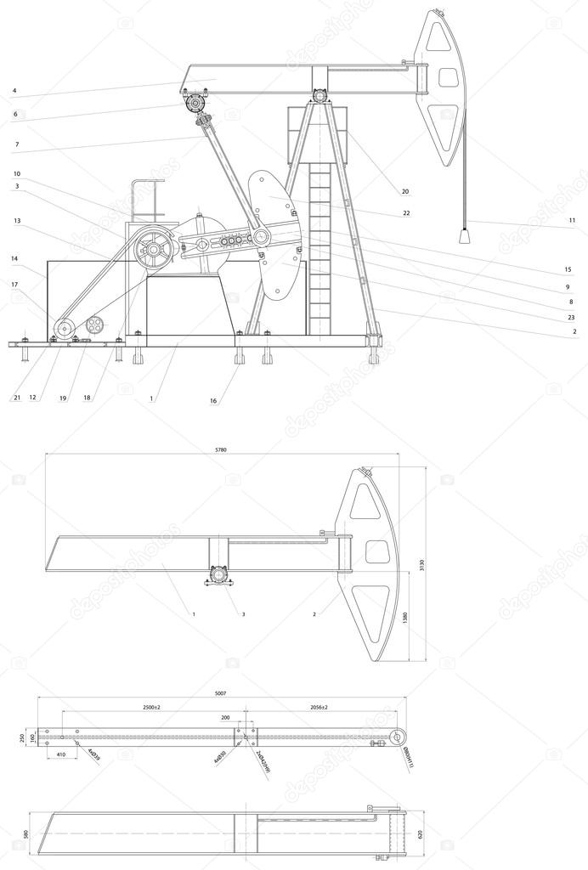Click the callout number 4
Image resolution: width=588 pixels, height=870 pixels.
pyautogui.click(x=14, y=90)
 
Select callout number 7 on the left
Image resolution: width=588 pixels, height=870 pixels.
pyautogui.click(x=16, y=145)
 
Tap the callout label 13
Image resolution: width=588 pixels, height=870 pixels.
pyautogui.click(x=16, y=221)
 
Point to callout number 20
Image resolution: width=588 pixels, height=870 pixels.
pyautogui.click(x=405, y=191)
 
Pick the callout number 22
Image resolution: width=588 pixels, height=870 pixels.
pyautogui.click(x=406, y=213)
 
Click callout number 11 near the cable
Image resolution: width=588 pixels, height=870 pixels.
pyautogui.click(x=572, y=221)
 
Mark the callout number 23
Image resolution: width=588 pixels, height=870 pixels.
pyautogui.click(x=572, y=317)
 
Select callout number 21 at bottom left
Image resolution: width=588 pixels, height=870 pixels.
pyautogui.click(x=16, y=397)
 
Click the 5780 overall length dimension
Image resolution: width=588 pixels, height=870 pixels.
pyautogui.click(x=221, y=449)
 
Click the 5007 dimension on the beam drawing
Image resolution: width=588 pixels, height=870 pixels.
pyautogui.click(x=220, y=694)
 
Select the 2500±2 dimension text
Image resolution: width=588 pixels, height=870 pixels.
pyautogui.click(x=153, y=707)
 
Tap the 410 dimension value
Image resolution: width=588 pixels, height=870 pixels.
pyautogui.click(x=61, y=754)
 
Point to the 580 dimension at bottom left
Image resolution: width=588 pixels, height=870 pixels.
pyautogui.click(x=26, y=834)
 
